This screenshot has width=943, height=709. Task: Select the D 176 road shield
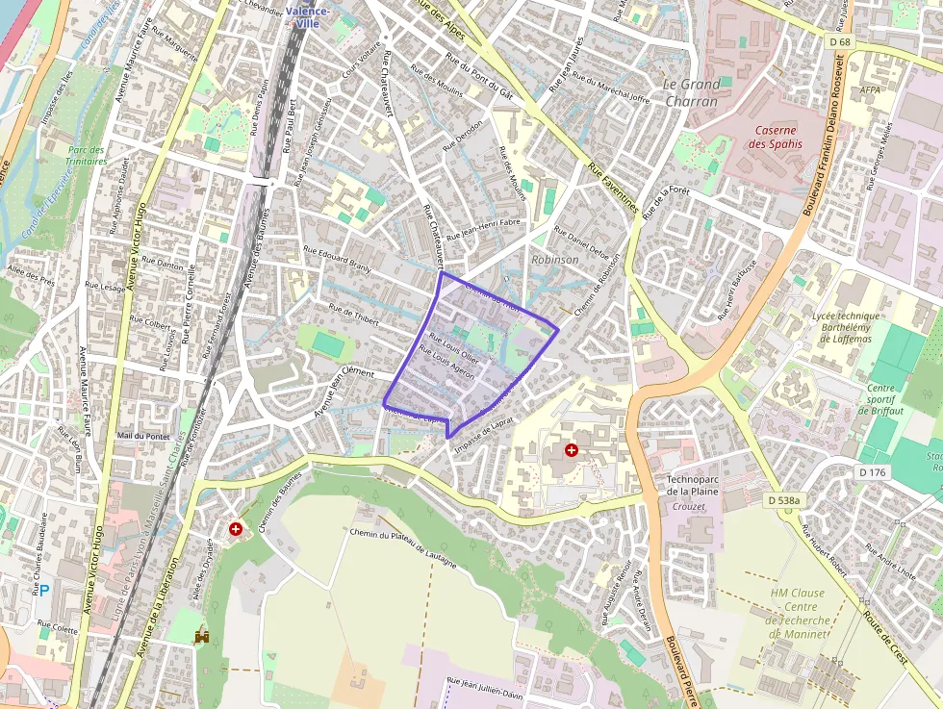(x=872, y=472)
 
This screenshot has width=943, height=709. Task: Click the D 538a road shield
(x=784, y=500)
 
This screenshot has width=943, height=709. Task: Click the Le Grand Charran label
(x=691, y=92)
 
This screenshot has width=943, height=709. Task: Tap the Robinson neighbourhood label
(x=555, y=260)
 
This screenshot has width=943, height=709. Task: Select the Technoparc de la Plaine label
(x=693, y=485)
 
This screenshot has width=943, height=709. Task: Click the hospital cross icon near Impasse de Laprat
(x=572, y=449)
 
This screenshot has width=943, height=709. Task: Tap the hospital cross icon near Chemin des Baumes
(x=236, y=529)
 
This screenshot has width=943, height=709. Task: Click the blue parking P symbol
(x=44, y=590)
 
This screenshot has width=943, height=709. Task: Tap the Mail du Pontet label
(x=143, y=436)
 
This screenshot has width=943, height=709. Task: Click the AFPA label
(x=871, y=90)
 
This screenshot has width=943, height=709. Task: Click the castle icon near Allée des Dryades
(x=202, y=636)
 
